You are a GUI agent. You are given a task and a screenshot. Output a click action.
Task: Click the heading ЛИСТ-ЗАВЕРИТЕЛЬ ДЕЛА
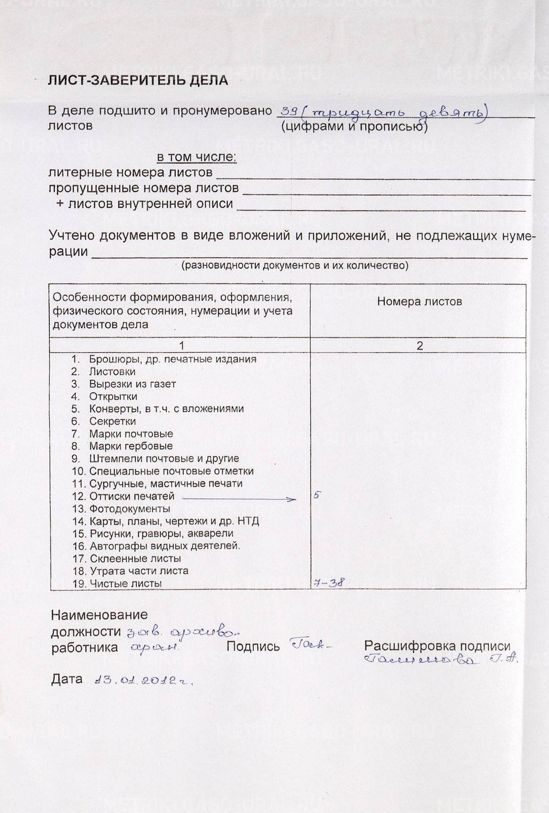pyautogui.click(x=138, y=80)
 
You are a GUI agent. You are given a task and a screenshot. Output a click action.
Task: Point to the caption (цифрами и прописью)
pyautogui.click(x=354, y=127)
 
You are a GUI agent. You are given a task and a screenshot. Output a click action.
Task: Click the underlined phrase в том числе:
pyautogui.click(x=196, y=157)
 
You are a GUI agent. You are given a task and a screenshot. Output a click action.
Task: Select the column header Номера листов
pyautogui.click(x=419, y=301)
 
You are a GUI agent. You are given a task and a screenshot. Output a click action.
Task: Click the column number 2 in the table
pyautogui.click(x=419, y=346)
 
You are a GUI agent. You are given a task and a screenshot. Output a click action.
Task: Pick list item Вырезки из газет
pyautogui.click(x=132, y=384)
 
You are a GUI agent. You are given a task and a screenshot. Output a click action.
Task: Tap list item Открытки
pyautogui.click(x=113, y=396)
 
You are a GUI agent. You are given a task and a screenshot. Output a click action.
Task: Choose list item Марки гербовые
pyautogui.click(x=131, y=446)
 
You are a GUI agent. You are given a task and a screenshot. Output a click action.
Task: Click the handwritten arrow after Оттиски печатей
pyautogui.click(x=239, y=499)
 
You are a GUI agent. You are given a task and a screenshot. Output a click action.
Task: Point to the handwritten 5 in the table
pyautogui.click(x=316, y=494)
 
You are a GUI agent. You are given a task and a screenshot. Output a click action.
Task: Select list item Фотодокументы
pyautogui.click(x=130, y=509)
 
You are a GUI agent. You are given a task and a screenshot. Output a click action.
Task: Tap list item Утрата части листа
pyautogui.click(x=139, y=571)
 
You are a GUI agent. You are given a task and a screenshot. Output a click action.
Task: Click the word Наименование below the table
pyautogui.click(x=99, y=615)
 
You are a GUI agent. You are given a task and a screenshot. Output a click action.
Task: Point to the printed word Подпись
pyautogui.click(x=253, y=646)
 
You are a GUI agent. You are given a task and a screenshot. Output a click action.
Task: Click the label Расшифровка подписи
pyautogui.click(x=437, y=646)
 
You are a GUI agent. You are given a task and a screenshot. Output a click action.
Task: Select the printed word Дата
pyautogui.click(x=67, y=679)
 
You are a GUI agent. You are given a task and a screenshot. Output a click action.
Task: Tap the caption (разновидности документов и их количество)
pyautogui.click(x=295, y=265)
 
